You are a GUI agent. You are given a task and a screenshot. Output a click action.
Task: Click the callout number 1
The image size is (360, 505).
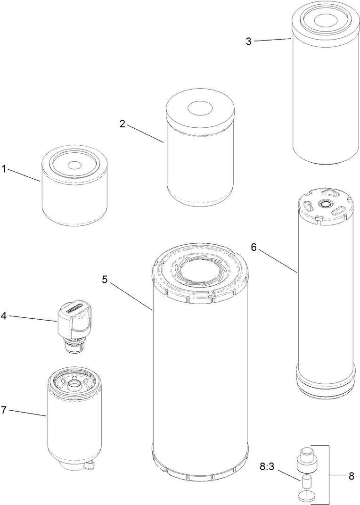click(4, 169)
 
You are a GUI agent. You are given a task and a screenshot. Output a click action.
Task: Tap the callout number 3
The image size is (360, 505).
click(249, 41)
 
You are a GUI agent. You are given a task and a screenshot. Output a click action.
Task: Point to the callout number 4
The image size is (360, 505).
click(4, 315)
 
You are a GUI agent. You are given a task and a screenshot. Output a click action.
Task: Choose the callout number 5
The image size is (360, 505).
click(105, 280)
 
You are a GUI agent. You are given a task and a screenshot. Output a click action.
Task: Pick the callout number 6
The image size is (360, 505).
click(254, 248)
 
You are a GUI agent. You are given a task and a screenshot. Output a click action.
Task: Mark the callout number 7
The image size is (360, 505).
click(4, 410)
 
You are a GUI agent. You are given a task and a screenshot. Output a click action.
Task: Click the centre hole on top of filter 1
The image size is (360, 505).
click(74, 165)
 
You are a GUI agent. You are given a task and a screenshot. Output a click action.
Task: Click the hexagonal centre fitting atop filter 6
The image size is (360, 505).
click(325, 204)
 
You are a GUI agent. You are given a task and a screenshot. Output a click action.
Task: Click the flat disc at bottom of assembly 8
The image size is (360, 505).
click(309, 495)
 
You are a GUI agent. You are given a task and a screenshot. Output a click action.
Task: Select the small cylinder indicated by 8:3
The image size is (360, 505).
click(307, 482)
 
